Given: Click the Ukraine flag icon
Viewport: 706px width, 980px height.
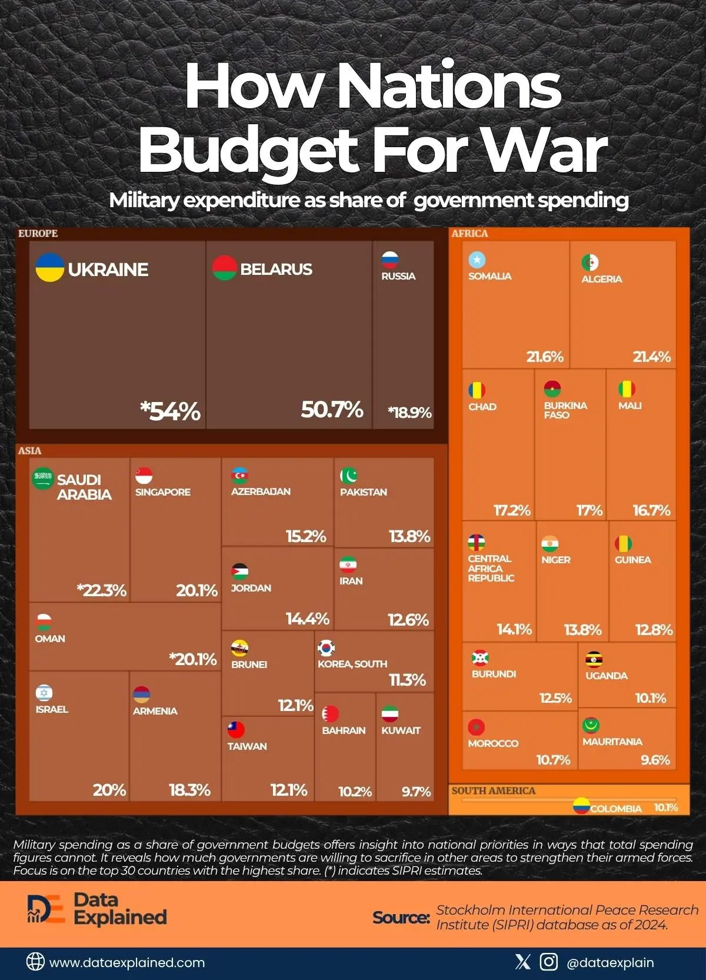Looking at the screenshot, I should tap(50, 268).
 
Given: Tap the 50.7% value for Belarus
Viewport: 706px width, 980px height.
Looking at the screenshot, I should tap(332, 410).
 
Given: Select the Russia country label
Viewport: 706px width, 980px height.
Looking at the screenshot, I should tap(398, 276).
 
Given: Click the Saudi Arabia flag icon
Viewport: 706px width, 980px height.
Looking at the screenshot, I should tap(43, 479).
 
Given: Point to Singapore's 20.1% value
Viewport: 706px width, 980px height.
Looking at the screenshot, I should tap(197, 590).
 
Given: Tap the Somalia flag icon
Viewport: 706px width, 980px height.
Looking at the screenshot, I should tap(477, 260).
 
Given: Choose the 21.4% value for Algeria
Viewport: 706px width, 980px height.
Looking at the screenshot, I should tap(651, 357).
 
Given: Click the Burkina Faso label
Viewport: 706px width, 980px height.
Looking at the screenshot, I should tap(565, 410).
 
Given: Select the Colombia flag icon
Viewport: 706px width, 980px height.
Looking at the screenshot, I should tap(581, 806).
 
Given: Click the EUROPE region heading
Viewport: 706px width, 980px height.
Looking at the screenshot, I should tap(38, 234).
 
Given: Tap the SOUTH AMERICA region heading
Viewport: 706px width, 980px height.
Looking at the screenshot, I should tap(494, 791).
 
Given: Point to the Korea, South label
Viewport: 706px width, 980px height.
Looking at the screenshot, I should tap(352, 664).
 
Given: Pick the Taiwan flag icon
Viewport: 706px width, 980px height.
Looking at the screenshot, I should tap(236, 730).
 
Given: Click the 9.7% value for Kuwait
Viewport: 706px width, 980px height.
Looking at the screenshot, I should tap(416, 792).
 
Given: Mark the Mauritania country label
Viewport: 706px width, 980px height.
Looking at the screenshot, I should tap(612, 742).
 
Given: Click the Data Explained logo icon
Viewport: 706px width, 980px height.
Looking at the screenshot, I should tap(45, 909).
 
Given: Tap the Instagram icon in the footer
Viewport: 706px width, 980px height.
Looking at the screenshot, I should tap(548, 962).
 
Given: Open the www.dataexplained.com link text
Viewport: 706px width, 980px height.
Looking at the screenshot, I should tap(127, 963).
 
